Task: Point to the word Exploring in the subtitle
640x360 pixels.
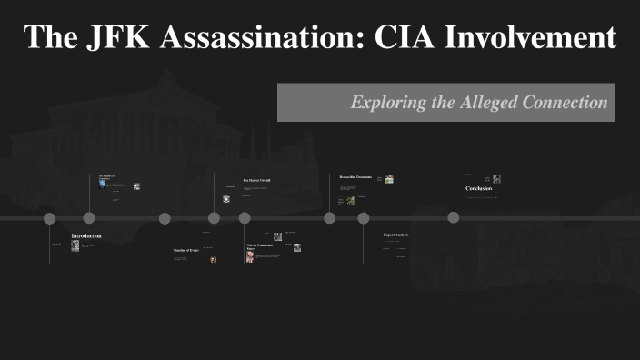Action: [388, 103]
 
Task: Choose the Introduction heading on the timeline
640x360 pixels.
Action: [86, 236]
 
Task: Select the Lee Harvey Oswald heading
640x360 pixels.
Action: [256, 181]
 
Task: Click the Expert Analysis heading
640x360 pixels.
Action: [396, 235]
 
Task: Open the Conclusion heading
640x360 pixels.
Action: [478, 188]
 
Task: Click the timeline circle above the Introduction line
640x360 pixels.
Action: [50, 218]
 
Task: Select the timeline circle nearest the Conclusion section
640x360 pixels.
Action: [454, 217]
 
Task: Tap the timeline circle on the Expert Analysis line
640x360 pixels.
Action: [364, 218]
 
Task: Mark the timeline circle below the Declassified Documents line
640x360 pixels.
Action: [330, 218]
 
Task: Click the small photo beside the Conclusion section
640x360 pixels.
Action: [496, 179]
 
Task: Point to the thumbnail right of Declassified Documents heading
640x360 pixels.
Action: [389, 179]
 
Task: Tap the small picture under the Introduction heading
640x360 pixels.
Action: [75, 246]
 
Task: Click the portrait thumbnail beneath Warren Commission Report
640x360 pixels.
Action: [250, 257]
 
